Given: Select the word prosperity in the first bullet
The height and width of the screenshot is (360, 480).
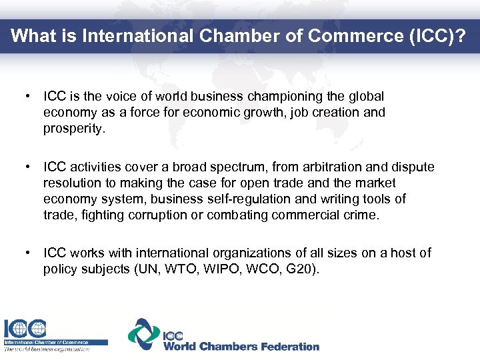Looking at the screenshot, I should click(74, 129).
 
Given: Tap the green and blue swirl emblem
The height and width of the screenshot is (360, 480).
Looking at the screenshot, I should click(144, 334).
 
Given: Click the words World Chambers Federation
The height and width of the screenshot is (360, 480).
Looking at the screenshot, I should click(241, 347).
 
